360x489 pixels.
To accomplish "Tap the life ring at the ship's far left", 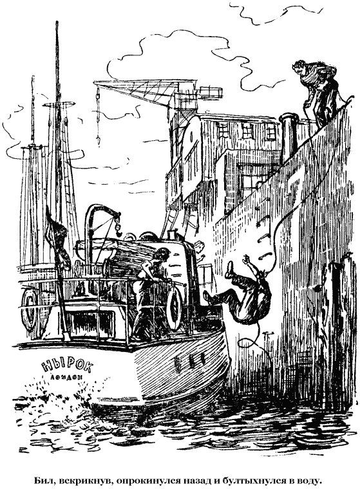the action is (29, 309).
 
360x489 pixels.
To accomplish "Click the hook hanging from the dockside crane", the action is (98, 139).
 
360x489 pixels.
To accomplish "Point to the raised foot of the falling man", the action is (230, 269).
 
